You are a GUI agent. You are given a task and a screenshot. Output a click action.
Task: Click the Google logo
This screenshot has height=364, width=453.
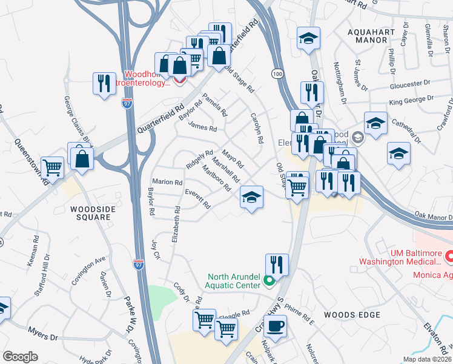pos(20,357)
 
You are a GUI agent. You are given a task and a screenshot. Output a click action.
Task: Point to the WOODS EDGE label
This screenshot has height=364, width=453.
pos(352,315)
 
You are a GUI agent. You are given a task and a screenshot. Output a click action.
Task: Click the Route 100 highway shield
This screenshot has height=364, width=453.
pos(276,73)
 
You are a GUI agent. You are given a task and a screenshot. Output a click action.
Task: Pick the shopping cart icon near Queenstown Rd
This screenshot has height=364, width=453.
pos(53,167)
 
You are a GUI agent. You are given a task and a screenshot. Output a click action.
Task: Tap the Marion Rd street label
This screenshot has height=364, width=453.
pos(167,182)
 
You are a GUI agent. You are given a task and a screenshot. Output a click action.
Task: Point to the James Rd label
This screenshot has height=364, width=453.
pos(202,128)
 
